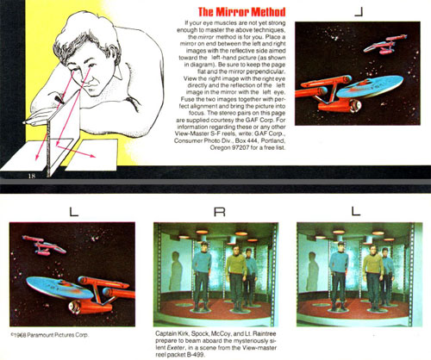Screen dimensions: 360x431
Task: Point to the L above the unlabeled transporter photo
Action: (355, 210)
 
